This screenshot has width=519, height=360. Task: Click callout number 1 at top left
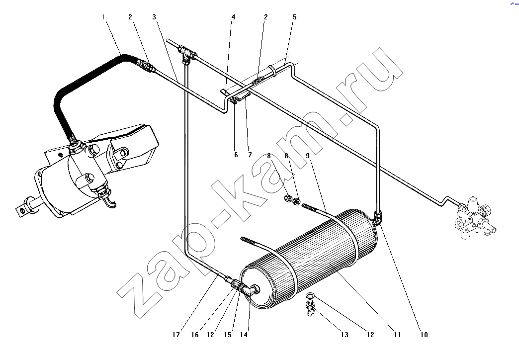click(x=103, y=17)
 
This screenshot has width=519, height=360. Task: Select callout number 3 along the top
click(x=154, y=17)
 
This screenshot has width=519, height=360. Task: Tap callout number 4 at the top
click(x=233, y=17)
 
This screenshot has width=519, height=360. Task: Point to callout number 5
click(x=295, y=17)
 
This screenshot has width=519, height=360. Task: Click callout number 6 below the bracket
click(x=236, y=155)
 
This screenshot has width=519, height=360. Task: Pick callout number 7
click(x=250, y=155)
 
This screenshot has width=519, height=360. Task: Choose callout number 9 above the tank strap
click(x=308, y=155)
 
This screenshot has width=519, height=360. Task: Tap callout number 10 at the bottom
click(x=424, y=335)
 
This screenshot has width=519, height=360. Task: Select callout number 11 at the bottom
click(x=398, y=335)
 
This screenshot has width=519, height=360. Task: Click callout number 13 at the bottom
click(x=345, y=335)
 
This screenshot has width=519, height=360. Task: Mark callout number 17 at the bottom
click(x=176, y=335)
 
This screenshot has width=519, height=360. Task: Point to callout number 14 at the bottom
click(x=244, y=335)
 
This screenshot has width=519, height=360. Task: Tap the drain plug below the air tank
click(x=310, y=308)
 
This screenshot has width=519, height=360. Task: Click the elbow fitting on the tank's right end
click(x=378, y=217)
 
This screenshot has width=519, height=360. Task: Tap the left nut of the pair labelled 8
click(x=288, y=199)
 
